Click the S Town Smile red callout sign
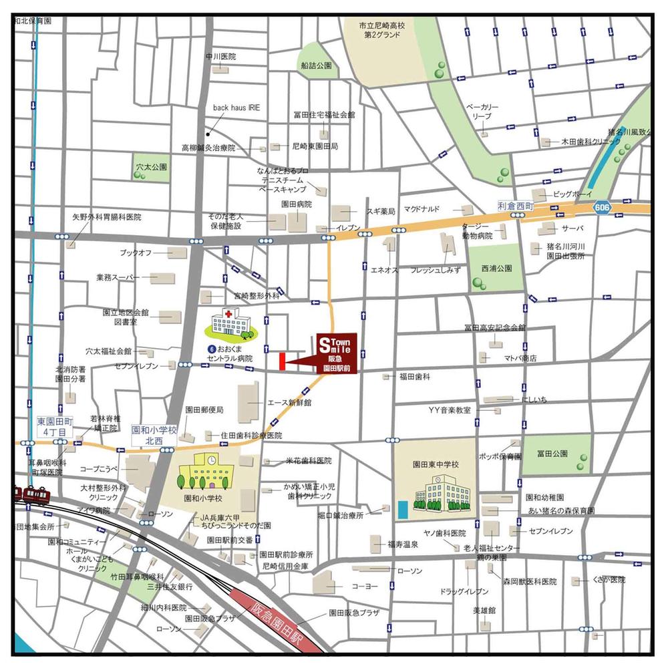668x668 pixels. tap(337, 351)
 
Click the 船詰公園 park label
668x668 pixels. tap(316, 66)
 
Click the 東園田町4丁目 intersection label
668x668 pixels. tap(51, 428)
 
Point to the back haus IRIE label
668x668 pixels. tap(237, 107)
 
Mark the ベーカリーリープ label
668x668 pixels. tap(482, 112)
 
